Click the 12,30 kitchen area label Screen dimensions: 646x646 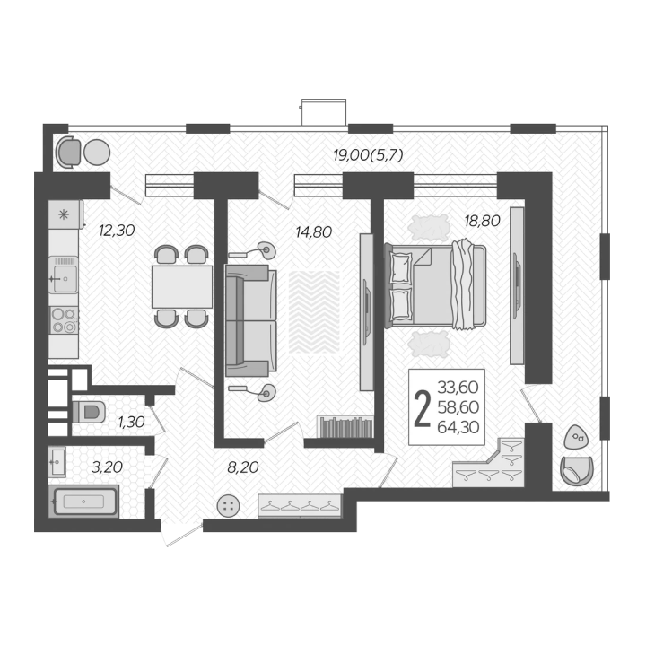click(117, 231)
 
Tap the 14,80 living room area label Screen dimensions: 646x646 click(313, 232)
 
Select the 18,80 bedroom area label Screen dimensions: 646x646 click(482, 221)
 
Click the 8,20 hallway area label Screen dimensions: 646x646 click(243, 467)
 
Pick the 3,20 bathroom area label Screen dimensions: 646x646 click(107, 467)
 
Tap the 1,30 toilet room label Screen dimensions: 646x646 click(131, 422)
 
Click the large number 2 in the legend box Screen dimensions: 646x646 click(422, 409)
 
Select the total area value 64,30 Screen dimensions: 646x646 click(458, 427)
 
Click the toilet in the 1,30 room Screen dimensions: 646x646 click(88, 412)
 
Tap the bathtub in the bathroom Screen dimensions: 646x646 click(83, 502)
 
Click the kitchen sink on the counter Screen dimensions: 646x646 click(64, 275)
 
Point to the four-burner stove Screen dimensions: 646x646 click(64, 320)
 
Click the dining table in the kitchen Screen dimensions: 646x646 click(181, 287)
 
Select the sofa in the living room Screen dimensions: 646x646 click(250, 320)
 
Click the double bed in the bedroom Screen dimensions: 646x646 click(435, 285)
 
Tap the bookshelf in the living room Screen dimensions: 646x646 click(345, 427)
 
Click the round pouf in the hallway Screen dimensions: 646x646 click(228, 506)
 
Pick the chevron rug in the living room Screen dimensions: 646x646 click(314, 312)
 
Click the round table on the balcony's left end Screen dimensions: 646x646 click(97, 153)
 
